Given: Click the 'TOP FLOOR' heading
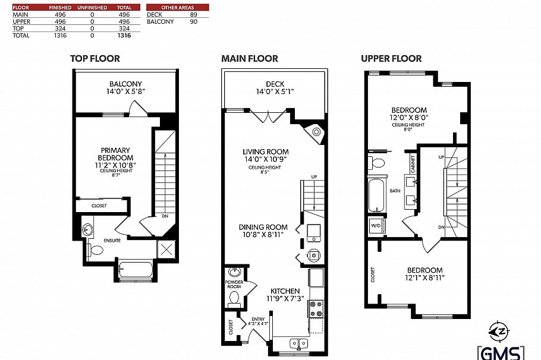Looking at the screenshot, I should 95,58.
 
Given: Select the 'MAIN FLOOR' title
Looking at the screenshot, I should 249,58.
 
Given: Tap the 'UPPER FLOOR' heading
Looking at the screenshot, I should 391,58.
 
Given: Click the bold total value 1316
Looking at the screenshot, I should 124,36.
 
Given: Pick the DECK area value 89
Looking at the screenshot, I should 193,14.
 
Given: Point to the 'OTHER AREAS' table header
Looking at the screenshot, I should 177,7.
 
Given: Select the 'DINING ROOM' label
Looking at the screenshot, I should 263,227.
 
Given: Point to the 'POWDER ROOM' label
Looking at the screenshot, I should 234,284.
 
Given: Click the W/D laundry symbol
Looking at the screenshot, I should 376,226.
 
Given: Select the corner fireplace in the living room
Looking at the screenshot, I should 316,132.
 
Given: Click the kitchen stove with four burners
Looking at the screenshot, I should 316,308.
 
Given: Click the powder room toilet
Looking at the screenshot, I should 234,298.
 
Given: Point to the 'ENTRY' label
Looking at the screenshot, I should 259,319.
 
